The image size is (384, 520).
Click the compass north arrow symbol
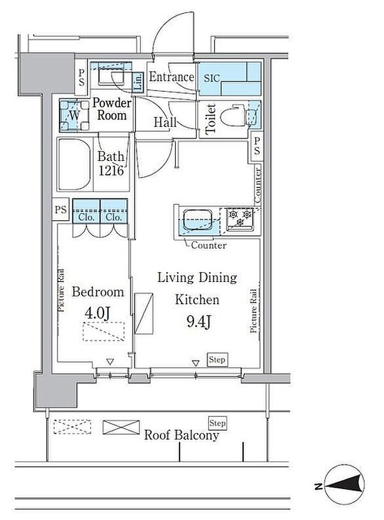[345, 486]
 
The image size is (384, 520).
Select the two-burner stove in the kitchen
[240, 219]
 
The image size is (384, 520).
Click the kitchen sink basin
[198, 219]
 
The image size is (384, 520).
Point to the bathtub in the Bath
[75, 164]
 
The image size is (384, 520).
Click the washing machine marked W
[75, 115]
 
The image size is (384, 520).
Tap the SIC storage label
[211, 78]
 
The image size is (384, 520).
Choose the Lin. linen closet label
[138, 82]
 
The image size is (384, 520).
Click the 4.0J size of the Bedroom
[97, 312]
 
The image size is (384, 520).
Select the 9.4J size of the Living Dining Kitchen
[199, 321]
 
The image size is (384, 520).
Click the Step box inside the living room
[217, 359]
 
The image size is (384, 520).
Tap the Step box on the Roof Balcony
[217, 423]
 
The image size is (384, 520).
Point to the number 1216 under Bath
[111, 170]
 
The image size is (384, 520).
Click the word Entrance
[172, 77]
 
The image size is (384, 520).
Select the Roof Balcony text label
[182, 435]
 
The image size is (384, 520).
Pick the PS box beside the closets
[61, 210]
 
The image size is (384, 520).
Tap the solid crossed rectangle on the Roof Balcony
[121, 427]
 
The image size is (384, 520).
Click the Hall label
[165, 122]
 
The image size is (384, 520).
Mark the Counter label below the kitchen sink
[209, 245]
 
